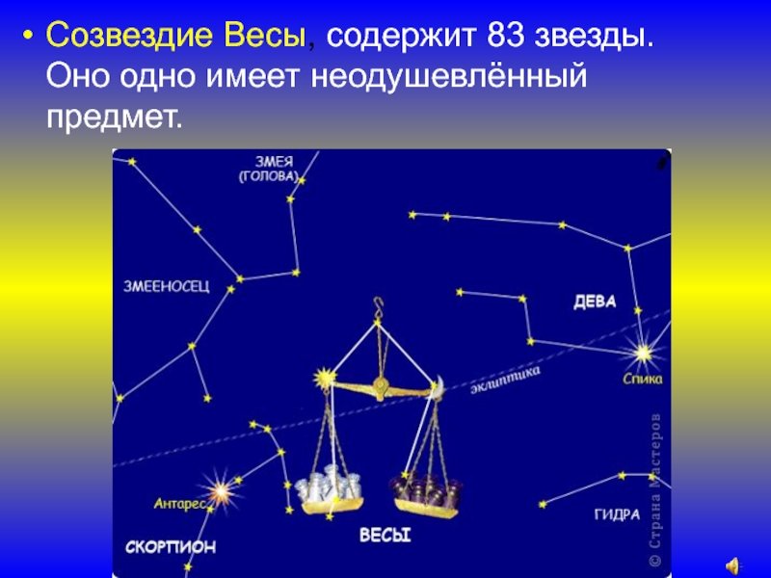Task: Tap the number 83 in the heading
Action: point(505,36)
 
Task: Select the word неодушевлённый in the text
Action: point(449,77)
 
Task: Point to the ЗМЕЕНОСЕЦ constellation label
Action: point(166,286)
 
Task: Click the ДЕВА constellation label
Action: point(595,302)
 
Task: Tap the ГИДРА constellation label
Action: point(617,514)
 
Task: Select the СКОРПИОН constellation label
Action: point(171,546)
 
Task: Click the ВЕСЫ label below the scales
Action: point(385,535)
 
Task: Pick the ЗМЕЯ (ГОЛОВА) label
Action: point(269,170)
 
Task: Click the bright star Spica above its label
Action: point(642,353)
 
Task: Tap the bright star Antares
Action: point(221,490)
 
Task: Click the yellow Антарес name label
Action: point(179,504)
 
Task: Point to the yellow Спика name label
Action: point(643,379)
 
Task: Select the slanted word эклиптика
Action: point(505,380)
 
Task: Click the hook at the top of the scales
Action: point(378,305)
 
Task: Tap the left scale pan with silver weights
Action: point(330,489)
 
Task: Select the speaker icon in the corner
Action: point(733,565)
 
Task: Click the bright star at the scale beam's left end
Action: point(325,378)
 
